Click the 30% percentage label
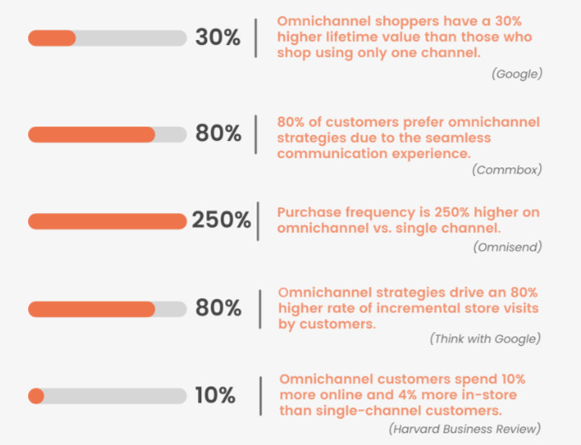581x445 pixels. [x=218, y=38]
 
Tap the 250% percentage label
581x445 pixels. [x=221, y=221]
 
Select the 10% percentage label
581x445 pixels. [x=215, y=396]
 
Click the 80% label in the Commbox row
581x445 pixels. [x=218, y=134]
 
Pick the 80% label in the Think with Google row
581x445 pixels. [x=218, y=308]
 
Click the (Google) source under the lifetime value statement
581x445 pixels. [x=516, y=74]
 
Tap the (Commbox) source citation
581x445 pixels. [x=507, y=170]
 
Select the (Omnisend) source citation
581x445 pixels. [x=507, y=247]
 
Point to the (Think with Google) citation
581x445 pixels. [x=484, y=339]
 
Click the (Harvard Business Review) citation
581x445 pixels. [x=464, y=429]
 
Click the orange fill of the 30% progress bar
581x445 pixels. [x=52, y=38]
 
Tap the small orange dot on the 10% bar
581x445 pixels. [x=36, y=396]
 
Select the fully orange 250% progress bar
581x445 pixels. [x=107, y=221]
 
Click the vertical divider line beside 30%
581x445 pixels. [x=256, y=38]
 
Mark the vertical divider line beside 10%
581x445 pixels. [x=257, y=396]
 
